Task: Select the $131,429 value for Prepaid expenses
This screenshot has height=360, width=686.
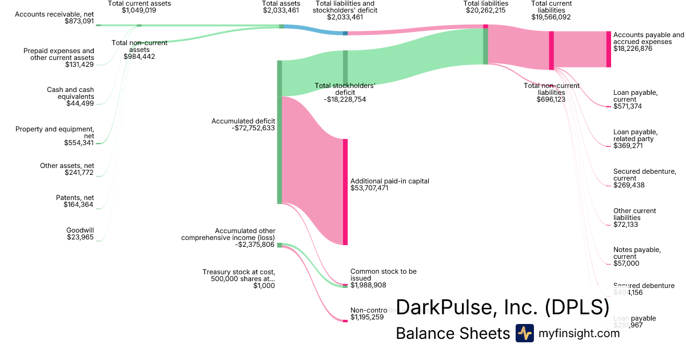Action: [x=79, y=65]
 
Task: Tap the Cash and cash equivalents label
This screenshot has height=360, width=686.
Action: [x=70, y=93]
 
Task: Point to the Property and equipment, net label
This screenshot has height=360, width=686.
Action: [x=55, y=133]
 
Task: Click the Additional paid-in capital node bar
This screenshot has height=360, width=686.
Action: [x=345, y=191]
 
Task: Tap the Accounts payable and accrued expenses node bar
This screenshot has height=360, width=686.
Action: [x=608, y=49]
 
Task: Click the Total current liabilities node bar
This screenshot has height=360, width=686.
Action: [x=551, y=50]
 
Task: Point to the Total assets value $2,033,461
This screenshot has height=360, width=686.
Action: [x=281, y=10]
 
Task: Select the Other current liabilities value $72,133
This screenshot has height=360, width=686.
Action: [x=625, y=225]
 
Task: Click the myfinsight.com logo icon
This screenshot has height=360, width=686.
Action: [x=524, y=333]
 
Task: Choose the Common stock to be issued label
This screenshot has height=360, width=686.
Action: [x=383, y=275]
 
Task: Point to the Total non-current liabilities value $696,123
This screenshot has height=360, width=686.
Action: [x=551, y=99]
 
